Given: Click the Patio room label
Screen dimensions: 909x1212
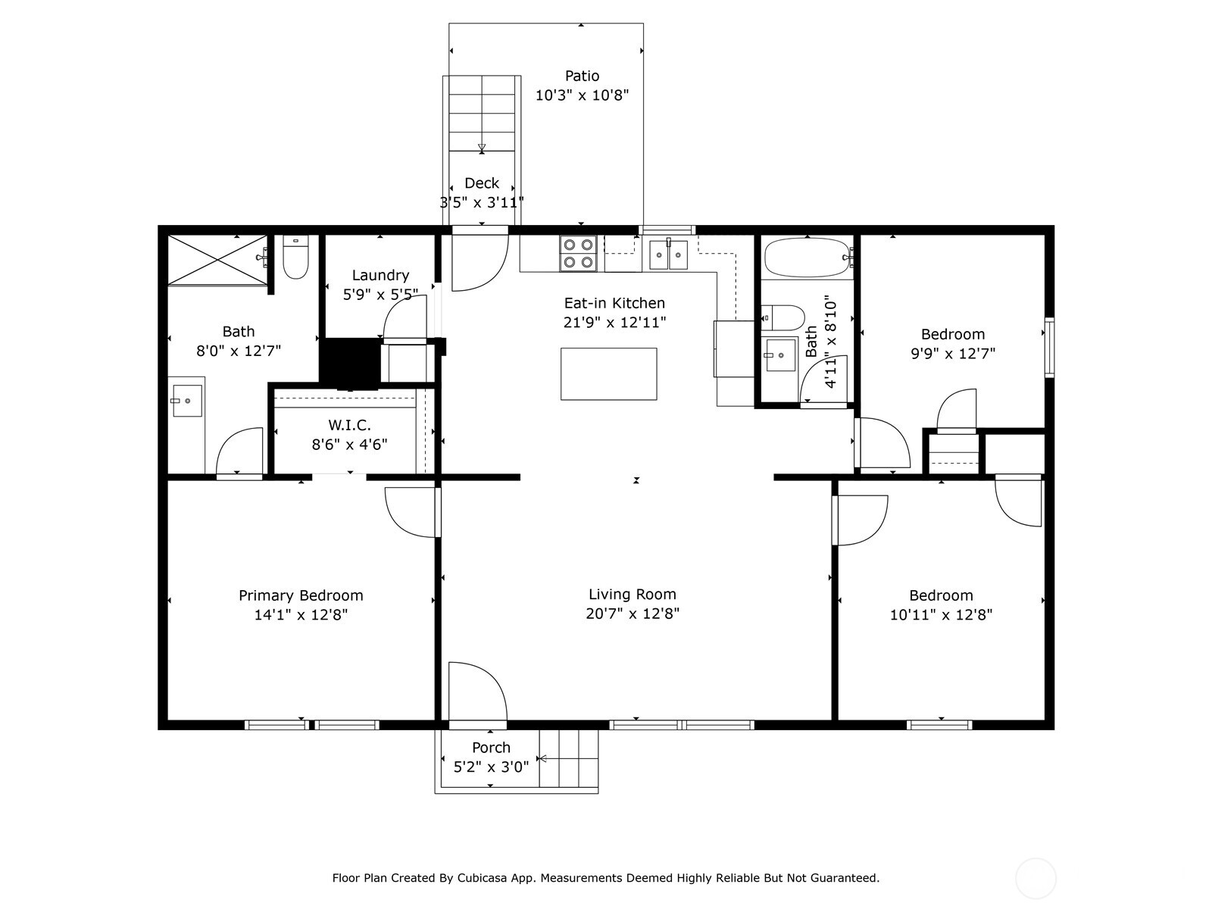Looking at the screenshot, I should click(582, 77).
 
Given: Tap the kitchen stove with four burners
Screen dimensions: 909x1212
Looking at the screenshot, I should click(578, 254).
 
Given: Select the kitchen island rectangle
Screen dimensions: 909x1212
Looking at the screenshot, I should click(608, 373).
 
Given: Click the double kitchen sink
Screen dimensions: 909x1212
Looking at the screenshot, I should click(667, 255).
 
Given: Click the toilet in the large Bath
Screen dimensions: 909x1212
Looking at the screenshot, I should click(295, 258).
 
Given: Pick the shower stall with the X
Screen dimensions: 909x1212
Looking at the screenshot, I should click(217, 260).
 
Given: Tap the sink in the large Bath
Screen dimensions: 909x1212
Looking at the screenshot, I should click(186, 400).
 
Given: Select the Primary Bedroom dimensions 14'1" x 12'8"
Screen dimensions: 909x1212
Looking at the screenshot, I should click(301, 615).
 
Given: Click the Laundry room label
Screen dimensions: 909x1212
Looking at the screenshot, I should click(380, 276).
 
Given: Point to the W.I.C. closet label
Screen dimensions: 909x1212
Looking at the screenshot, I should click(349, 426).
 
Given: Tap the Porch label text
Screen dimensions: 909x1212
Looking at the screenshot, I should click(491, 748).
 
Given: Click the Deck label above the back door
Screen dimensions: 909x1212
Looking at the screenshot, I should click(482, 183).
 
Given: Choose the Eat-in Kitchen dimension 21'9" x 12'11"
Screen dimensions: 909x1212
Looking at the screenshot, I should click(614, 323).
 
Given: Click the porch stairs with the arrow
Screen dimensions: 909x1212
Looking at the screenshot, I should click(568, 758).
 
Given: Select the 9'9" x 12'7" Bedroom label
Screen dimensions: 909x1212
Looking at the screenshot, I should click(952, 335).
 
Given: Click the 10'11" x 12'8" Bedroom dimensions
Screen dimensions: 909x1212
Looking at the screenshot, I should click(941, 615).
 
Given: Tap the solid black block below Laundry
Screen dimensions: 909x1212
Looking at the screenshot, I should click(348, 364).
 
